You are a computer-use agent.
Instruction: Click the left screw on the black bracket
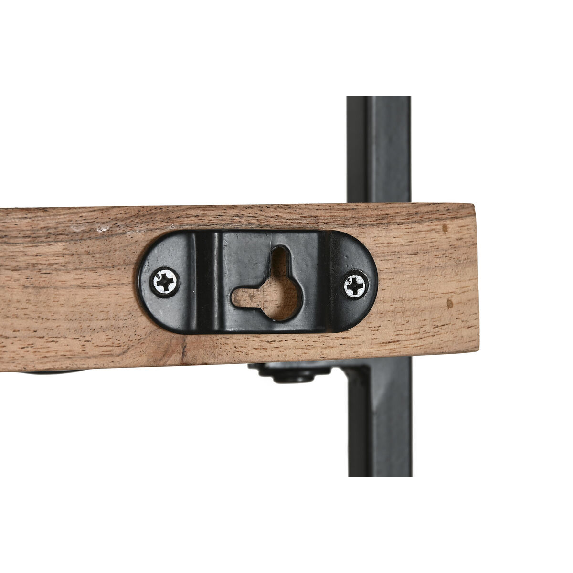coord(165,282)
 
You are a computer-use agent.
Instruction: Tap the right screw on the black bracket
coord(356,286)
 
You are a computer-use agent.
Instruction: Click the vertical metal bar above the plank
coord(378,148)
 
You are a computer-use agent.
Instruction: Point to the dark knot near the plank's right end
coord(449,304)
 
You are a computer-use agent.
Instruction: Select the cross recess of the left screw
coord(165,282)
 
